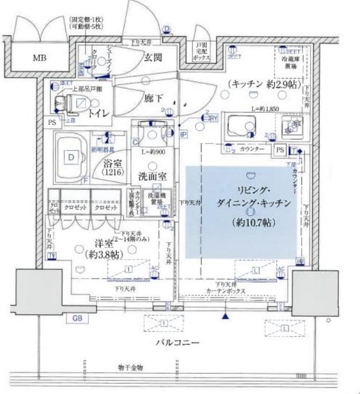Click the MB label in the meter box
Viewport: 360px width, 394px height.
pos(40,58)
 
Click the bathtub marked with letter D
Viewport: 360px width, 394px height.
pos(71,156)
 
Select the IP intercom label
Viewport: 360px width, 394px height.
pos(183,136)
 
